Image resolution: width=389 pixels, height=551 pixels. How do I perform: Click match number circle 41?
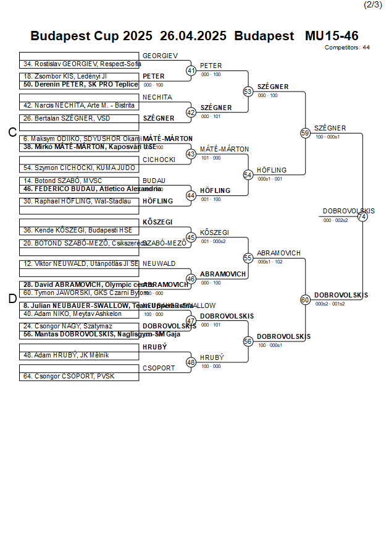click(x=191, y=71)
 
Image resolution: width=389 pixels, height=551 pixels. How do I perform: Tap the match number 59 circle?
click(x=305, y=133)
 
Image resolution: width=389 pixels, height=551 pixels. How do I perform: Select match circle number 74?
click(x=362, y=216)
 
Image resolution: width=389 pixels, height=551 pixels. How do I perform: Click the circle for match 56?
click(x=248, y=341)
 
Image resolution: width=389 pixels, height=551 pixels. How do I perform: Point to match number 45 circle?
click(x=191, y=237)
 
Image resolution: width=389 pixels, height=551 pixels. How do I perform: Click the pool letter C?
click(x=12, y=132)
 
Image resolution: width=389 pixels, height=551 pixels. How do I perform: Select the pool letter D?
click(x=12, y=299)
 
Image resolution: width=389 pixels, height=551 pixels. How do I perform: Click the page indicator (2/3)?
click(x=372, y=5)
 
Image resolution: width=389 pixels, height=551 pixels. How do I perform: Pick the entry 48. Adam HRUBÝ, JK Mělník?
click(x=66, y=355)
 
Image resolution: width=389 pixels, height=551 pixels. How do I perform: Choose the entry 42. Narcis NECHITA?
click(x=79, y=105)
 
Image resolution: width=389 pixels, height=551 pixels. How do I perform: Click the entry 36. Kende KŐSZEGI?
click(x=73, y=230)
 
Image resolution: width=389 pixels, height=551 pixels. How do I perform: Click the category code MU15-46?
click(x=332, y=36)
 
